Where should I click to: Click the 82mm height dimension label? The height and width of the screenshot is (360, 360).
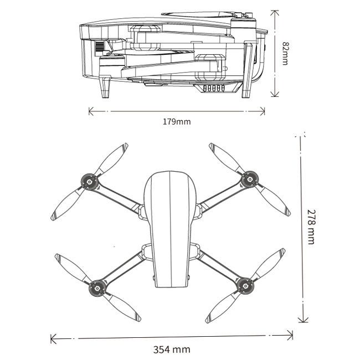tap(285, 53)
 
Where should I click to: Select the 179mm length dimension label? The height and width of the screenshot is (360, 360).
tap(176, 121)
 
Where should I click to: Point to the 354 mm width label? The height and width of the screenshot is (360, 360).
tap(172, 349)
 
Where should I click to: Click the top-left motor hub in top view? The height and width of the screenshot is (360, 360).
tap(89, 181)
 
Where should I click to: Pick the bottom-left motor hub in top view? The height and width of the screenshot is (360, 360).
tap(97, 286)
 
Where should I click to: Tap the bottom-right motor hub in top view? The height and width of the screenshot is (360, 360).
tap(243, 286)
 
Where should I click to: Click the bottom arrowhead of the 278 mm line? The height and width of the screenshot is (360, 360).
tap(302, 319)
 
